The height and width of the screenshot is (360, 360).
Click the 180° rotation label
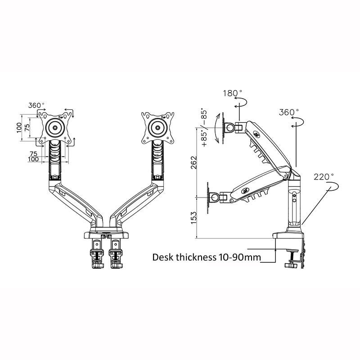pos(232,93)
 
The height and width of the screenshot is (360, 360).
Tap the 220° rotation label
pos(324,177)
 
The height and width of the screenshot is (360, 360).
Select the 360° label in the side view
pos(289,112)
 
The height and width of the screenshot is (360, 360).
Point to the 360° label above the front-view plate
pos(36,105)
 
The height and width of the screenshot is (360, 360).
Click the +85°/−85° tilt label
pos(204,128)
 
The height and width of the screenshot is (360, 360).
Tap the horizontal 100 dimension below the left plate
pos(33,159)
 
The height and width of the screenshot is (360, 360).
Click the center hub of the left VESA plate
pos(56,127)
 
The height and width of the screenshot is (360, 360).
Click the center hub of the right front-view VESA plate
pos(157,126)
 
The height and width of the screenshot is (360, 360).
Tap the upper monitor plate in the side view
pos(230,128)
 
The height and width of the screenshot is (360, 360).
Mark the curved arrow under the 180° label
pos(240,103)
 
